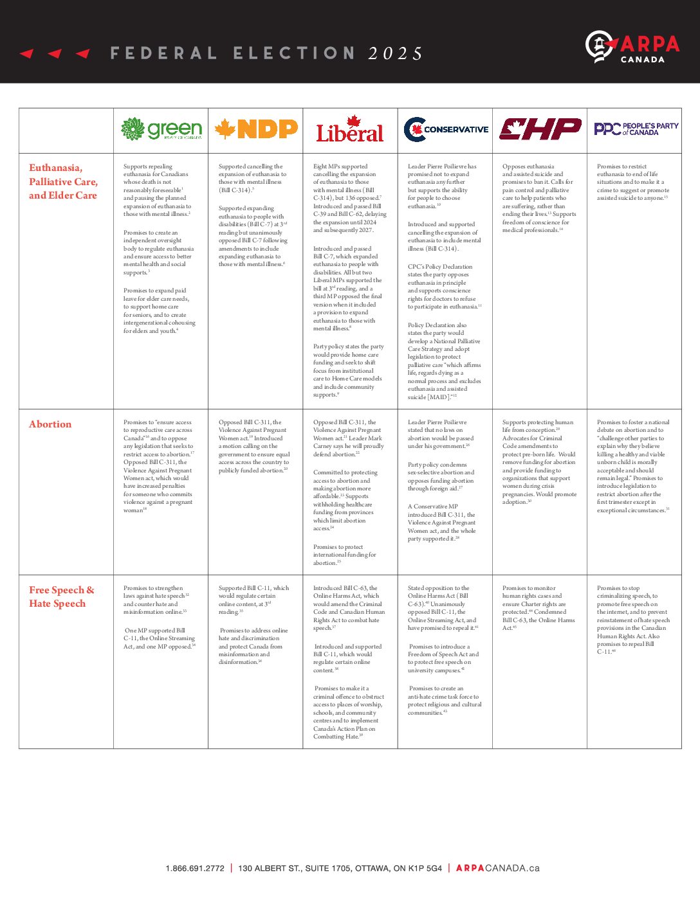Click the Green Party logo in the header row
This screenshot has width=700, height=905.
[161, 129]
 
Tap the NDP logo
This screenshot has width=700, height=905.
[255, 129]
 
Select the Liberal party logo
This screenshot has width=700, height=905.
[349, 129]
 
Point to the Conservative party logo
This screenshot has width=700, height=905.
[445, 129]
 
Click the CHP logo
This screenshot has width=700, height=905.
[539, 129]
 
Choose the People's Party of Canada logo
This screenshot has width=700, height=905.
[635, 129]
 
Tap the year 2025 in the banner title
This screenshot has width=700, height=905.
[395, 53]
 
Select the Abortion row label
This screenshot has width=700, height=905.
[50, 424]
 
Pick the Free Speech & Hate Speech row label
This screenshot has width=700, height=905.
[61, 596]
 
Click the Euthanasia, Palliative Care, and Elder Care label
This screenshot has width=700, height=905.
[63, 181]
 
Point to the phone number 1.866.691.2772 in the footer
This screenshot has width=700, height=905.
[195, 868]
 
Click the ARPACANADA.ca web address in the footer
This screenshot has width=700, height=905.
[497, 868]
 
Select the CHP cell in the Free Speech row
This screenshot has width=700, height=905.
[539, 607]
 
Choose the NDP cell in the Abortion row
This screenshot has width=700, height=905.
[254, 447]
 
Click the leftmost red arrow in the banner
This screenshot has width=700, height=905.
[26, 53]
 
